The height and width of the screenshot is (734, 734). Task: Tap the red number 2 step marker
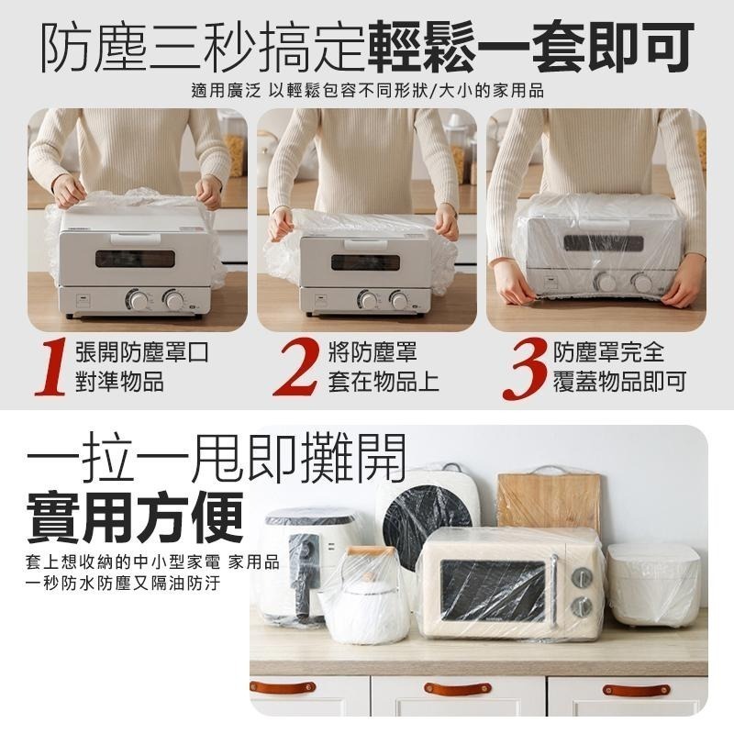click(x=296, y=367)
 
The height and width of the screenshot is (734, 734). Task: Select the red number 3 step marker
click(x=524, y=368)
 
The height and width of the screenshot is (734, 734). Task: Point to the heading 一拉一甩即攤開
click(x=217, y=458)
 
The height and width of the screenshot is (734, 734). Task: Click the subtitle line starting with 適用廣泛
click(x=368, y=90)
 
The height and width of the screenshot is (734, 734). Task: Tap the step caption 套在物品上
click(x=383, y=382)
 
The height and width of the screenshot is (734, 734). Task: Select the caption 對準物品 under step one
click(x=120, y=382)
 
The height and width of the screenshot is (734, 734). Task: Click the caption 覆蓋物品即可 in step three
click(x=620, y=382)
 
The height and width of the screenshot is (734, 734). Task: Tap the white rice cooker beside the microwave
click(x=653, y=584)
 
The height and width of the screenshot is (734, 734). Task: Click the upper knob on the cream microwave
click(x=582, y=577)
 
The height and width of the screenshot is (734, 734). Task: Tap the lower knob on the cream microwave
click(x=582, y=607)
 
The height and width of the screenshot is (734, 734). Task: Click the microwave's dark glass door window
click(x=493, y=591)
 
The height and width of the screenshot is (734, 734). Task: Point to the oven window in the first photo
click(x=135, y=259)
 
